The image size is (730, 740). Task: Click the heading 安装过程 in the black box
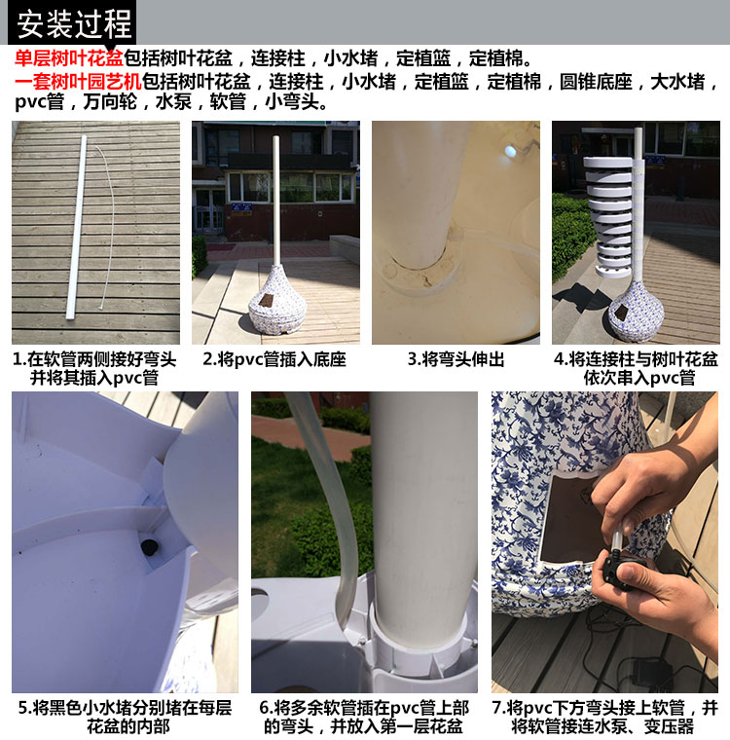click(74, 24)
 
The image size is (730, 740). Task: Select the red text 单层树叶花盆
click(69, 58)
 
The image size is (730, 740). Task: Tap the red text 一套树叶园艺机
click(78, 82)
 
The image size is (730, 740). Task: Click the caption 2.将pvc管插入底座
click(274, 359)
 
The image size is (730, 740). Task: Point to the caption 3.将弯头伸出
click(456, 359)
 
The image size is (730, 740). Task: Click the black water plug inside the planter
click(150, 547)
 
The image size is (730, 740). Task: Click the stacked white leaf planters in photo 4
click(608, 217)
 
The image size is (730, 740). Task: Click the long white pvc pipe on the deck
click(77, 228)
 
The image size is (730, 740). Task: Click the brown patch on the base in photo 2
click(267, 301)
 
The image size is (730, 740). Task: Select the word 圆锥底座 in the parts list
click(596, 82)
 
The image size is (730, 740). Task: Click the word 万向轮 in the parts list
click(110, 101)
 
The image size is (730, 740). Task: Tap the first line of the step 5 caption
click(125, 708)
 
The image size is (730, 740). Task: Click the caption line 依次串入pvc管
click(639, 378)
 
